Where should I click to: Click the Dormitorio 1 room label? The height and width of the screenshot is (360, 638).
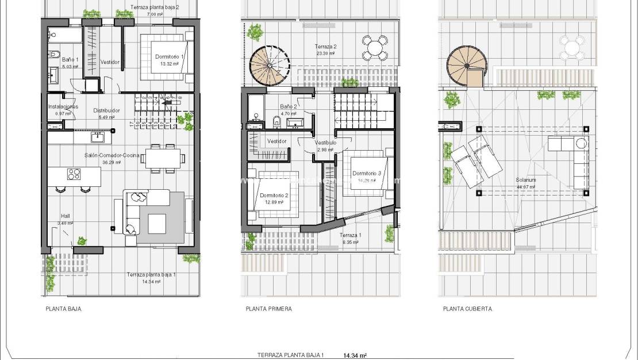[170, 57]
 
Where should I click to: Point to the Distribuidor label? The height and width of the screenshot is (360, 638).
[106, 110]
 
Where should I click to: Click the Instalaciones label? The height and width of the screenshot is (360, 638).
[63, 107]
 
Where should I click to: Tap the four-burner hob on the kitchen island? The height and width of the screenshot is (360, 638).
[75, 174]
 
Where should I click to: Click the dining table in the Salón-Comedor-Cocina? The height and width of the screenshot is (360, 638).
[163, 157]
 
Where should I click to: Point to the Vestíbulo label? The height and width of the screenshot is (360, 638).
[325, 143]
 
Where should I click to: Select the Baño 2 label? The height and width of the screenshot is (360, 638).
[289, 106]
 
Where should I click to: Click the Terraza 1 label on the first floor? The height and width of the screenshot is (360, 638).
[351, 236]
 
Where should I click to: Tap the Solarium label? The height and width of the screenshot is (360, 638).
[525, 180]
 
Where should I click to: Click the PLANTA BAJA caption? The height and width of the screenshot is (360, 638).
[63, 309]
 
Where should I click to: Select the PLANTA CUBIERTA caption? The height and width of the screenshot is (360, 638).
[467, 309]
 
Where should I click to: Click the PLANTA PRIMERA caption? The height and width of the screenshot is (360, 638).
[268, 309]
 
